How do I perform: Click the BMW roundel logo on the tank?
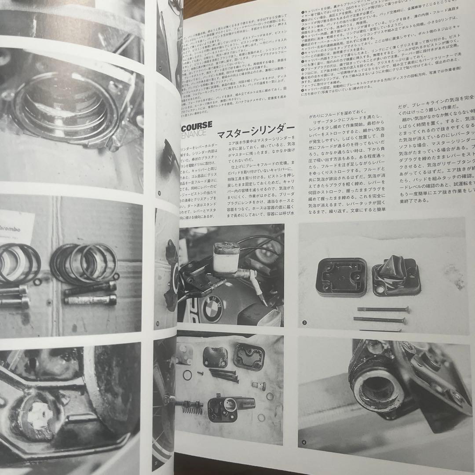click(x=212, y=308)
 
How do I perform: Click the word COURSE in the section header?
click(x=196, y=124)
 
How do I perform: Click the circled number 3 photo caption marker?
click(x=304, y=324)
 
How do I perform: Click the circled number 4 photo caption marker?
click(x=304, y=442)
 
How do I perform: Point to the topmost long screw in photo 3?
click(x=383, y=310)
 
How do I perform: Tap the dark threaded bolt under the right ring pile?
click(x=90, y=288)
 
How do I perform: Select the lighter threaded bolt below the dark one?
click(x=90, y=300)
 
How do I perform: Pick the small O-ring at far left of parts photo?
click(x=187, y=374)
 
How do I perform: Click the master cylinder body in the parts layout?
click(x=229, y=408)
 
